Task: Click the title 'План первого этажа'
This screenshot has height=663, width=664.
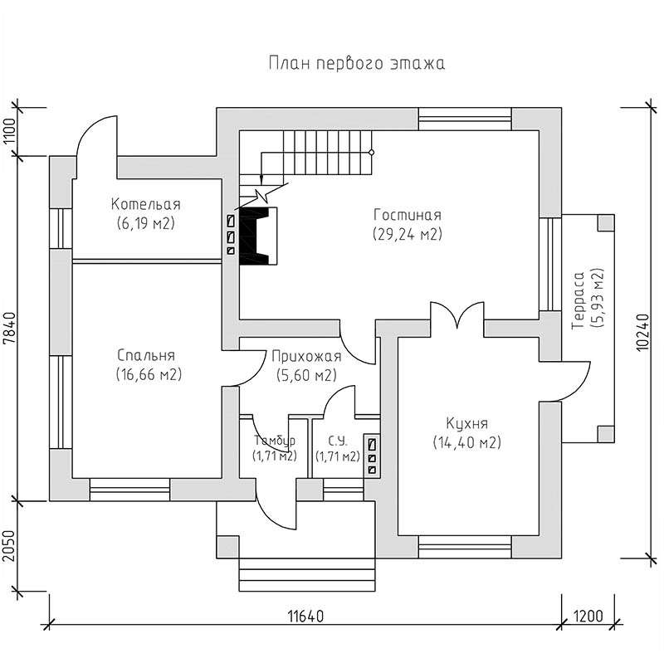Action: (x=357, y=64)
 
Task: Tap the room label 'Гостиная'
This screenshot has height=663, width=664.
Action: (x=408, y=215)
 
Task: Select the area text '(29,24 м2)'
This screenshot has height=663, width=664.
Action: (x=408, y=234)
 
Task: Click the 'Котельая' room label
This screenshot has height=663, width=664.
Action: (x=146, y=204)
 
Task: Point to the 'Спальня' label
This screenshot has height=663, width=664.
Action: (x=146, y=355)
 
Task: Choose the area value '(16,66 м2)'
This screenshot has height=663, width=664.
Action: (x=149, y=374)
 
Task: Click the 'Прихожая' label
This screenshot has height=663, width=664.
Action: (x=306, y=357)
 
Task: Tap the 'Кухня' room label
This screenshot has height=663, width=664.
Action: (x=467, y=423)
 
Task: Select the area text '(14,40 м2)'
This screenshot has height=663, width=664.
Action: (x=467, y=442)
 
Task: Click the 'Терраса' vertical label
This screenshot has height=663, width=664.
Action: (x=578, y=300)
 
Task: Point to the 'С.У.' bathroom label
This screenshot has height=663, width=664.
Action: (x=338, y=441)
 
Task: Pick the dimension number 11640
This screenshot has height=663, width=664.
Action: (x=305, y=616)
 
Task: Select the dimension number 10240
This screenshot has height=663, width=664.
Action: (x=642, y=332)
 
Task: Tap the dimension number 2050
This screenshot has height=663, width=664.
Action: (x=9, y=546)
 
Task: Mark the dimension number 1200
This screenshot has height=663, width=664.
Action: (x=588, y=616)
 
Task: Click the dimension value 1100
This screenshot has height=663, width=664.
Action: (x=9, y=132)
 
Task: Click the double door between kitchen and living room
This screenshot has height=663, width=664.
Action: (x=457, y=315)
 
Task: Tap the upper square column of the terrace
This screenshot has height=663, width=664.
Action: (x=606, y=222)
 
